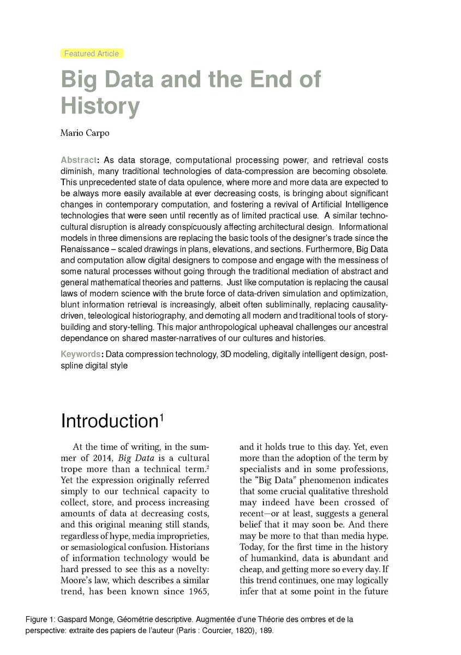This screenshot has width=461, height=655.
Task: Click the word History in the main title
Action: pos(100,105)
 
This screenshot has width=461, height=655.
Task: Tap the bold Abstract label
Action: pos(79,160)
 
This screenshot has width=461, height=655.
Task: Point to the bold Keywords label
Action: pos(81,354)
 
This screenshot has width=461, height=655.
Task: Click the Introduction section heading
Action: pos(109,421)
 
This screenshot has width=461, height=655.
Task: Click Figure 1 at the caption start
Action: pos(40,620)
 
